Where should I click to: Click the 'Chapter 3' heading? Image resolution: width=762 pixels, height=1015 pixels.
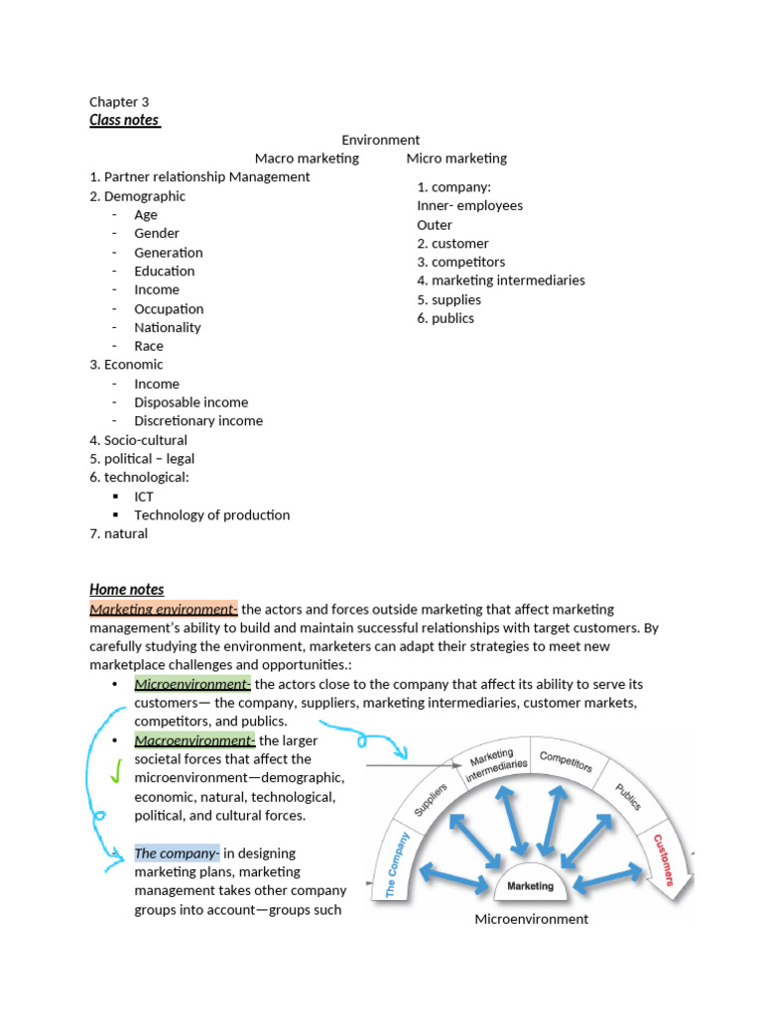coord(119,101)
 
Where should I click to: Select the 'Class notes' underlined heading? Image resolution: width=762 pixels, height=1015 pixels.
coord(124,120)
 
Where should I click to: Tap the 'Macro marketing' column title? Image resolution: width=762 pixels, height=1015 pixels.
coord(307,158)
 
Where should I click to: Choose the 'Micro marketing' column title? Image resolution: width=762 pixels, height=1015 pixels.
coord(456,158)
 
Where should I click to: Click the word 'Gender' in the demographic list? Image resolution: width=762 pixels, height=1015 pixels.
coord(157,233)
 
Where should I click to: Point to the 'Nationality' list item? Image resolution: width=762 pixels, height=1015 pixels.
coord(168,327)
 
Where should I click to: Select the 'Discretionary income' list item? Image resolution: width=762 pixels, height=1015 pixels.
coord(198,420)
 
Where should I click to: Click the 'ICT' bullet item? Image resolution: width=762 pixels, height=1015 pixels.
coord(144,496)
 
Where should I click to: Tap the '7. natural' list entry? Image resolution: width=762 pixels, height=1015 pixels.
coord(118,533)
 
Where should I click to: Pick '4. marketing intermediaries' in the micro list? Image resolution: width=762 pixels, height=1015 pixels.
coord(501,281)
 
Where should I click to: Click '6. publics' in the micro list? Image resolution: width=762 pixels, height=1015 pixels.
coord(445,318)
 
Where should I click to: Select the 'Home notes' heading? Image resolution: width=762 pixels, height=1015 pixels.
coord(127,590)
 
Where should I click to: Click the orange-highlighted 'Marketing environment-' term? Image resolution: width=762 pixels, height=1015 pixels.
coord(164,609)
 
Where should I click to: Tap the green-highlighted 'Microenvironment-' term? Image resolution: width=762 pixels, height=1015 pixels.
coord(194,684)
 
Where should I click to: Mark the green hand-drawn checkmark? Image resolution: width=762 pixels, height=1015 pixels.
coord(117,770)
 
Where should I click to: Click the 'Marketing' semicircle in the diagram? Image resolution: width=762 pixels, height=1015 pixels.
coord(531,885)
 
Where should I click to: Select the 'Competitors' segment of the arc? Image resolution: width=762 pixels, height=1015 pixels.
coord(566,761)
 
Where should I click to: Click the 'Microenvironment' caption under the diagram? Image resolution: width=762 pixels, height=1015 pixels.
coord(531,919)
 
